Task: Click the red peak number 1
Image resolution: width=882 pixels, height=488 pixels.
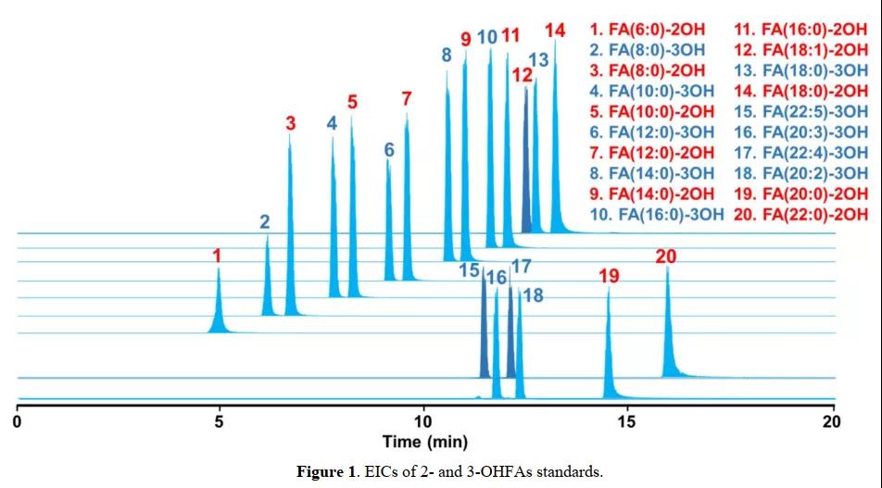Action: [216, 254]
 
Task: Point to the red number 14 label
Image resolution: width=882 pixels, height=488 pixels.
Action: [554, 31]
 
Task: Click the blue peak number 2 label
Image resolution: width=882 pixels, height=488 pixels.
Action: [265, 221]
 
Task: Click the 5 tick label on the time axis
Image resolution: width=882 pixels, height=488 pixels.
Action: [219, 422]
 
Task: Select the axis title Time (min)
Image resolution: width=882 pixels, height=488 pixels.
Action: [425, 442]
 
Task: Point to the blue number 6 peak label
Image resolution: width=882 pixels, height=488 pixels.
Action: [389, 149]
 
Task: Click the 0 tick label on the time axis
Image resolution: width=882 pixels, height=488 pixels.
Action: [18, 422]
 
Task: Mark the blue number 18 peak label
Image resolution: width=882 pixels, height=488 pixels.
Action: [533, 294]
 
